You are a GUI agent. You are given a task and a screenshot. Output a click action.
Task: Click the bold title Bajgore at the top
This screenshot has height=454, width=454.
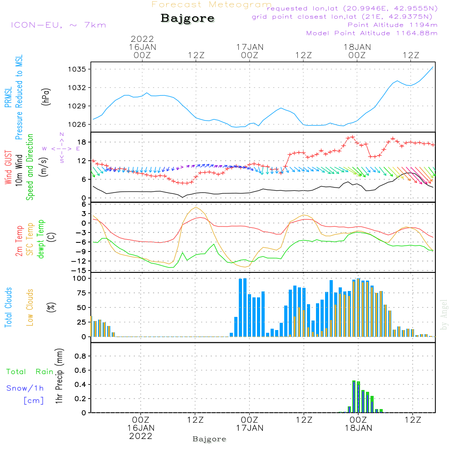point(188,19)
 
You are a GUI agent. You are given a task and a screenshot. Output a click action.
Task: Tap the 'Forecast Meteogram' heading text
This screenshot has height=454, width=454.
point(212,5)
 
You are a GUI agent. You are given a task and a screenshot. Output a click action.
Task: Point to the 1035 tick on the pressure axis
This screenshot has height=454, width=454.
point(78,69)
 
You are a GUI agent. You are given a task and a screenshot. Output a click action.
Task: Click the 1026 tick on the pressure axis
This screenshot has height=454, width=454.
point(78,124)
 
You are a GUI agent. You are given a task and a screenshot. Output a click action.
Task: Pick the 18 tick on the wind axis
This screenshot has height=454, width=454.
point(82,143)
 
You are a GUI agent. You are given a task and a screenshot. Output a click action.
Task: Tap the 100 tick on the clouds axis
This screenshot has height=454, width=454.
point(79,278)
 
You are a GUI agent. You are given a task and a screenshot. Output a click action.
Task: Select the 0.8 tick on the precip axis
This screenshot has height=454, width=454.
point(80,356)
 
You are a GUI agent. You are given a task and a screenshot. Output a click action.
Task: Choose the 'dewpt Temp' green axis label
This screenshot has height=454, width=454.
point(41,239)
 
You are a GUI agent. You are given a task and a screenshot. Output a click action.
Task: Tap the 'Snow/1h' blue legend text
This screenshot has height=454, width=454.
point(25,388)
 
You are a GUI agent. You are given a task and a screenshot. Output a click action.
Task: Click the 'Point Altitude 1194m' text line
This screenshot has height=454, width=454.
point(392,25)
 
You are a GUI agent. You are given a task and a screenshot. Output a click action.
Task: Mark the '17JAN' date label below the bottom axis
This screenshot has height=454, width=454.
point(249,428)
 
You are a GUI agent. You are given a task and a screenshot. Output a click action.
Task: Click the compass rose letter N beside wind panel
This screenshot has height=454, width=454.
point(62,134)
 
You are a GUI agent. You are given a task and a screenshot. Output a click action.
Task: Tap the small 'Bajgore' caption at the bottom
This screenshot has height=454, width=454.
point(209,439)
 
